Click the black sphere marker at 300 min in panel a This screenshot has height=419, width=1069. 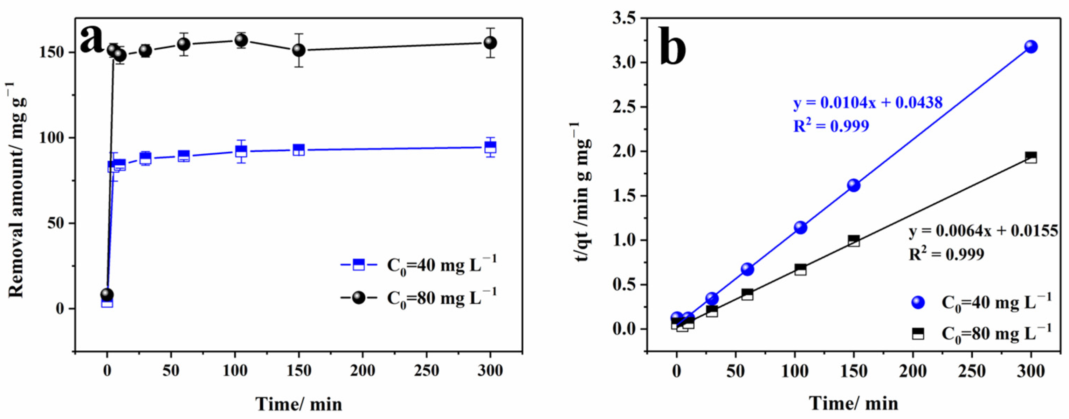pos(490,42)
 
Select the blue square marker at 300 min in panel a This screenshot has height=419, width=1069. pos(490,147)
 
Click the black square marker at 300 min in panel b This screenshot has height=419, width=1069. pos(1031,158)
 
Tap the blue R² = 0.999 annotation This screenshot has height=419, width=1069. pos(831,126)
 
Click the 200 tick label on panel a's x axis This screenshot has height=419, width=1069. pos(363,370)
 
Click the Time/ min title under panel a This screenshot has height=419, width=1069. pos(298,404)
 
